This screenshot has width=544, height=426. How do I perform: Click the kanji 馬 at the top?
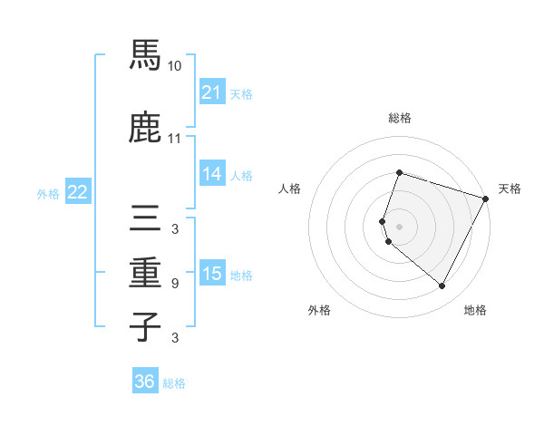click(x=145, y=56)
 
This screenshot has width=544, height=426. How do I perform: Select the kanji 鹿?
click(x=145, y=129)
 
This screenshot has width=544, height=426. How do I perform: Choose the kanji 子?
click(x=145, y=326)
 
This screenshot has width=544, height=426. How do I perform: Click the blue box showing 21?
click(x=212, y=92)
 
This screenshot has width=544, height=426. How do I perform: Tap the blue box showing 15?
click(x=212, y=273)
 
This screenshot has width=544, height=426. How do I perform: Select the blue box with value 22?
click(x=77, y=191)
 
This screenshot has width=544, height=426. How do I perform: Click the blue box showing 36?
click(x=145, y=382)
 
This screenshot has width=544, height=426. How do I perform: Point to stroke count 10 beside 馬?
click(x=175, y=66)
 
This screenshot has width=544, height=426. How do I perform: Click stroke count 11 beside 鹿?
click(x=175, y=139)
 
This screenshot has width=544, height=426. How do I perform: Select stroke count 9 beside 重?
click(x=175, y=284)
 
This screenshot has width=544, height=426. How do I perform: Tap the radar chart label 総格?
click(x=400, y=118)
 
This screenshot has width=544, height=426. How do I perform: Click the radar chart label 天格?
click(x=510, y=189)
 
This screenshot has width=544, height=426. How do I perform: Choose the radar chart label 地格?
click(x=475, y=310)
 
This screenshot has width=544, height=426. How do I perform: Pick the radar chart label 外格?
click(x=319, y=310)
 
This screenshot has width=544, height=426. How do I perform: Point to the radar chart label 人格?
click(x=289, y=189)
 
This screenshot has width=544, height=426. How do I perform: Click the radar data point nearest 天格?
click(x=487, y=198)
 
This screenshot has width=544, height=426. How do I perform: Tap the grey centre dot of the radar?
click(x=400, y=226)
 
